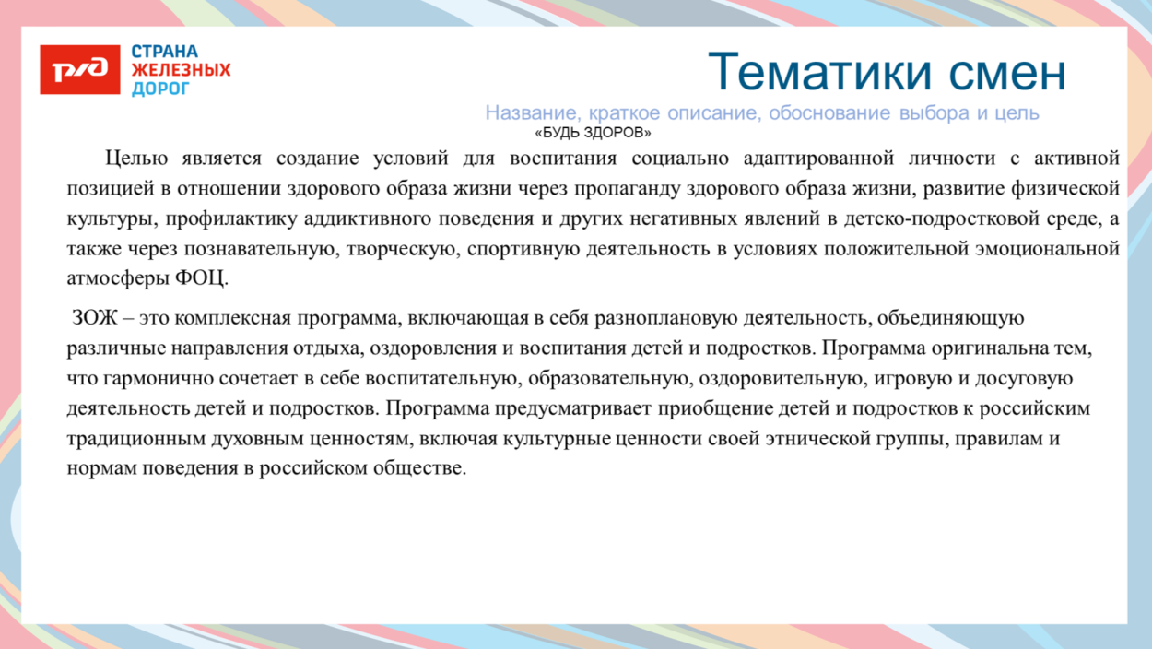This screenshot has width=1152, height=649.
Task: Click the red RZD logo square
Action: (x=79, y=69)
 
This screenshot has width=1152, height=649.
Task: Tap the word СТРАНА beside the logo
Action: (x=165, y=52)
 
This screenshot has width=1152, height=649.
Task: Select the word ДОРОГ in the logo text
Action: (x=160, y=88)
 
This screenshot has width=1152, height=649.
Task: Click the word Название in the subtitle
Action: (x=526, y=113)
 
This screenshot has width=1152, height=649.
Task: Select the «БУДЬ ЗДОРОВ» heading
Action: (x=593, y=133)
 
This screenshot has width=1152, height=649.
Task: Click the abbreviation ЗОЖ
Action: (x=95, y=319)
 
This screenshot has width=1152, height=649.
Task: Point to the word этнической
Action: (x=816, y=439)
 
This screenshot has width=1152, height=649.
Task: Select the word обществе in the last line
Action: (x=425, y=469)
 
